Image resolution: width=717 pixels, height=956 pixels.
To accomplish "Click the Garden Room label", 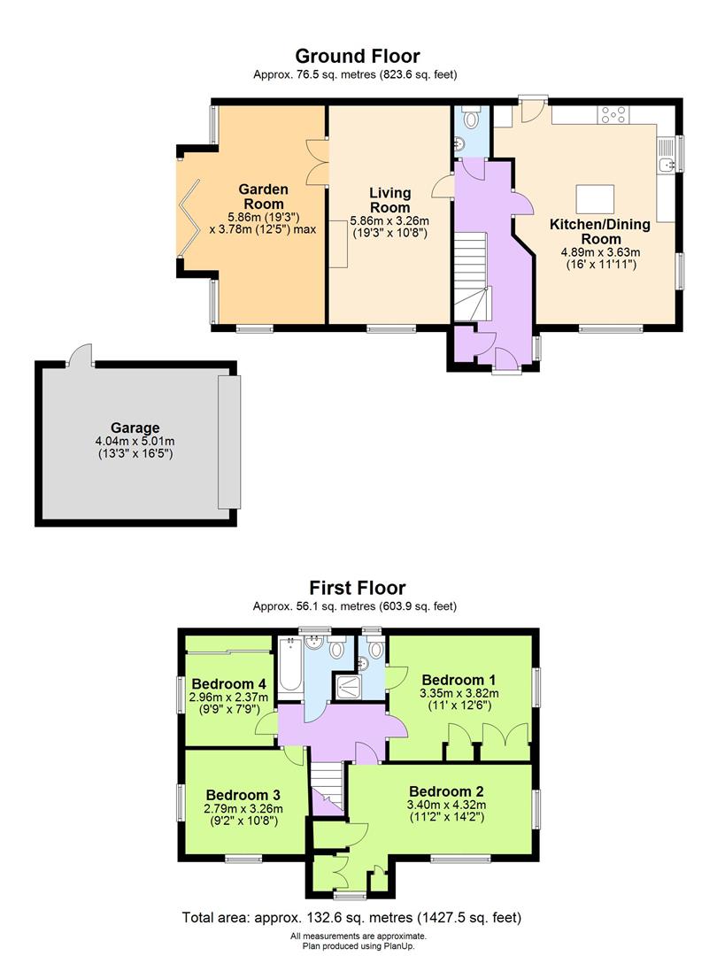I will tap(264, 196).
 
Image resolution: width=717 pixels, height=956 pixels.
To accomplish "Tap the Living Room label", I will tap(389, 200).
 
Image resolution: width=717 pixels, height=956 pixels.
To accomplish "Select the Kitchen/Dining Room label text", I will tap(600, 232).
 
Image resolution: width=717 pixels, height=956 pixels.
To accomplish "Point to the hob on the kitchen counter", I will tap(613, 114).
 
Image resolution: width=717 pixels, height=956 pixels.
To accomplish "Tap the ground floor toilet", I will tap(472, 118).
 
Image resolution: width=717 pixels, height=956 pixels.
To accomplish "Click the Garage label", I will tap(135, 426).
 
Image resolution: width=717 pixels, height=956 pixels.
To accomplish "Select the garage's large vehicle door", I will tap(228, 442).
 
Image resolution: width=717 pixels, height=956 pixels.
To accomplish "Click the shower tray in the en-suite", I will tap(352, 686).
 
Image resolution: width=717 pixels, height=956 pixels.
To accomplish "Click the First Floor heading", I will tap(357, 588).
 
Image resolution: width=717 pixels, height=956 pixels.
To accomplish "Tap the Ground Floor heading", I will tap(357, 58).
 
